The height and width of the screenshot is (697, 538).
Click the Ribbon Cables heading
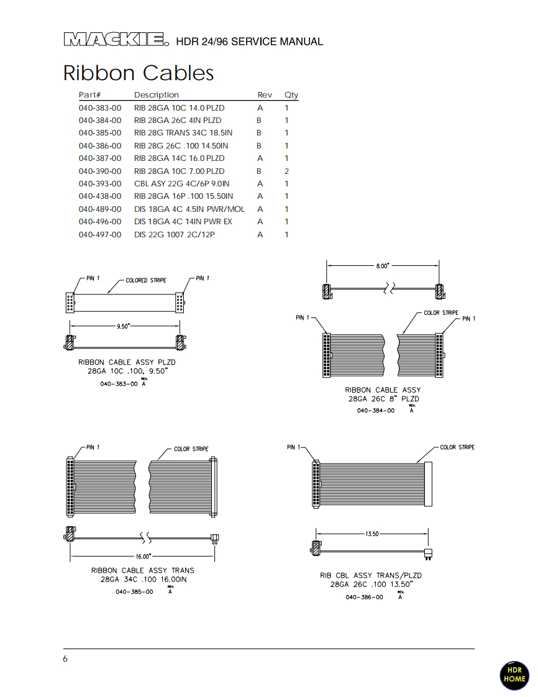[138, 73]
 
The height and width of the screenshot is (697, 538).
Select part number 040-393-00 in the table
[100, 184]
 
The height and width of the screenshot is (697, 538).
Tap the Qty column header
[291, 95]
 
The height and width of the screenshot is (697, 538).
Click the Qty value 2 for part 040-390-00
[286, 171]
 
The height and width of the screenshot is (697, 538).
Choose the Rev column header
[265, 95]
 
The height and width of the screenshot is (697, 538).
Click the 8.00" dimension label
[382, 266]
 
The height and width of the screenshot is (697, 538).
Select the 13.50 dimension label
[372, 534]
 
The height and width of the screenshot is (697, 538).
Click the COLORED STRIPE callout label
[146, 281]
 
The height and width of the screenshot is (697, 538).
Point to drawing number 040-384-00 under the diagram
[375, 411]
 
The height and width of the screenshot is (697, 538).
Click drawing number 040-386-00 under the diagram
[364, 597]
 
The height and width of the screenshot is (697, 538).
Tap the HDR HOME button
[514, 675]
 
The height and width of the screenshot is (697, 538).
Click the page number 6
[65, 659]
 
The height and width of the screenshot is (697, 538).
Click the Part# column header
[89, 95]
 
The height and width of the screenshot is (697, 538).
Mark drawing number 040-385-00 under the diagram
[134, 592]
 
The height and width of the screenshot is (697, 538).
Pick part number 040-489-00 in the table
[100, 209]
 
